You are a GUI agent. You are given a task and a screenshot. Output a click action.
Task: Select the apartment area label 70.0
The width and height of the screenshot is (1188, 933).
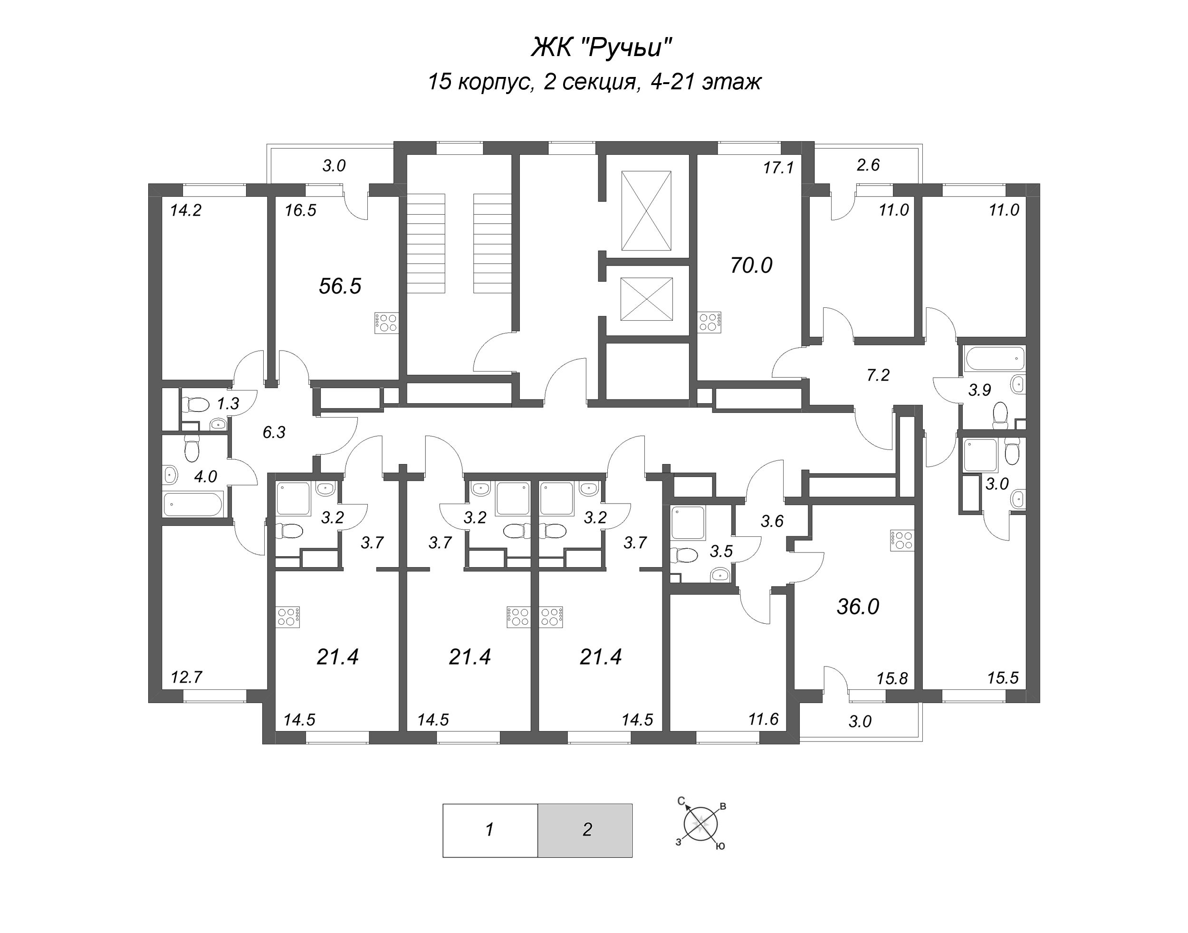(x=751, y=266)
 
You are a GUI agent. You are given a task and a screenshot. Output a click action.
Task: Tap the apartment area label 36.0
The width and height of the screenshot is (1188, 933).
(x=857, y=607)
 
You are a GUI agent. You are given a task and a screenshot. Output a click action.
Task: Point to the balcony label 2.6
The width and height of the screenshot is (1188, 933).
(x=868, y=165)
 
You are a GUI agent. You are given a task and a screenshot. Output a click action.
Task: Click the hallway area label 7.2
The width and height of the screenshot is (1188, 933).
(x=878, y=375)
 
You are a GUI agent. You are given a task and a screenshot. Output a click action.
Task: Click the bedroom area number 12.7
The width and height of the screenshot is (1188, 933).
(x=186, y=677)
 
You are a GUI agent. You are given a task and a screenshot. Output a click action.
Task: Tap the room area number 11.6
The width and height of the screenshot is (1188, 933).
(x=763, y=719)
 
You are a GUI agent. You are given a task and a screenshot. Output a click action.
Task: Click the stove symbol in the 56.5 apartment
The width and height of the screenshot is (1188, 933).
(x=386, y=323)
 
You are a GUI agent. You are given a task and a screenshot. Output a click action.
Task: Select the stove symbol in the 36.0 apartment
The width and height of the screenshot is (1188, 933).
(x=901, y=540)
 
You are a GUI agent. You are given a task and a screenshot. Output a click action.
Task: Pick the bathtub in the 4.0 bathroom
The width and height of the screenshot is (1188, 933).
(x=193, y=504)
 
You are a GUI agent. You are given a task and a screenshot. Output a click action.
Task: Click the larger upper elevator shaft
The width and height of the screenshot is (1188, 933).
(x=646, y=211)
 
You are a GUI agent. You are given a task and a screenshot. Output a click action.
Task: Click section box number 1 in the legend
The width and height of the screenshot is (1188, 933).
(x=489, y=829)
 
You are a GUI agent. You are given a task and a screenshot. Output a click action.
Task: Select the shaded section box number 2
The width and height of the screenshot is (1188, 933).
(x=585, y=829)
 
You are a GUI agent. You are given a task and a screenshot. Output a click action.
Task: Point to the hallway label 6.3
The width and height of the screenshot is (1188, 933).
(x=274, y=433)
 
